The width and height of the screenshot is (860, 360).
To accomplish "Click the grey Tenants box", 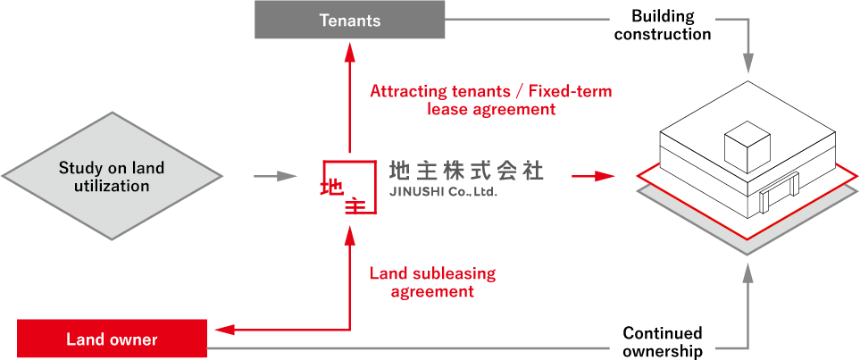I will (x=350, y=20).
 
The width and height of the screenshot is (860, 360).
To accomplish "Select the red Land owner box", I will (x=112, y=339).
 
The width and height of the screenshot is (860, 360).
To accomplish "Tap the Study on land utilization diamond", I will (x=112, y=176).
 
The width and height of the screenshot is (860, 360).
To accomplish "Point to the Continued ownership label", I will (x=663, y=342).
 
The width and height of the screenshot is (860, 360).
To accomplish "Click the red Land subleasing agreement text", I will (x=432, y=282).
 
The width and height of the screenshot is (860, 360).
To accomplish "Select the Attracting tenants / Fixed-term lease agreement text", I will (x=490, y=100).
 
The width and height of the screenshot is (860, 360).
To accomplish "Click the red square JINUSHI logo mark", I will (x=349, y=188).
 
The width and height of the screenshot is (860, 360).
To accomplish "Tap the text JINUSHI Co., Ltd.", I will (x=443, y=192).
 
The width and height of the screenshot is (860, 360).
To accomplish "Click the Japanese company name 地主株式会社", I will (x=466, y=170).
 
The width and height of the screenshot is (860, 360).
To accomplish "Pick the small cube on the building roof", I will (x=746, y=147).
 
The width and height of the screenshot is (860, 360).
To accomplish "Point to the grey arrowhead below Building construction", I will (x=747, y=65).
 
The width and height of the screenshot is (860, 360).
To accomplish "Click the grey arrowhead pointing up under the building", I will (x=747, y=278).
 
